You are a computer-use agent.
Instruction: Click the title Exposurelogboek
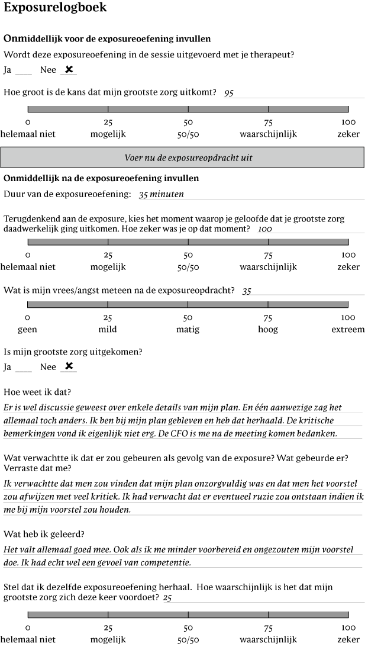tap(55, 8)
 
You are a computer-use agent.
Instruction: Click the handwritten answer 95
tap(229, 93)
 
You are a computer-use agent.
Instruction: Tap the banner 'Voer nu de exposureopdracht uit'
tap(188, 158)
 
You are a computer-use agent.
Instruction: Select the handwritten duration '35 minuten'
tap(161, 194)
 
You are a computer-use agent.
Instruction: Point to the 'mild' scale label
tap(108, 330)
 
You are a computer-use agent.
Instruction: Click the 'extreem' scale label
tap(348, 330)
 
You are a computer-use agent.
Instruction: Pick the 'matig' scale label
tap(188, 330)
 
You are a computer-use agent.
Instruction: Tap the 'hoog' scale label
tap(267, 330)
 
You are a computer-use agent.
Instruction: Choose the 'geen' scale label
tap(27, 330)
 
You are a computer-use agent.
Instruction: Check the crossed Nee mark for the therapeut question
tap(69, 70)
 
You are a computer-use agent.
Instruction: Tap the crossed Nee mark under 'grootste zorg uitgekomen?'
tap(69, 366)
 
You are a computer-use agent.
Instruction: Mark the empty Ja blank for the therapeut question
tap(24, 71)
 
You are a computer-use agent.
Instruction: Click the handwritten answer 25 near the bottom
tap(167, 598)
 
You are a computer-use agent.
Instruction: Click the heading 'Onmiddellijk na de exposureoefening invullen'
tap(101, 178)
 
